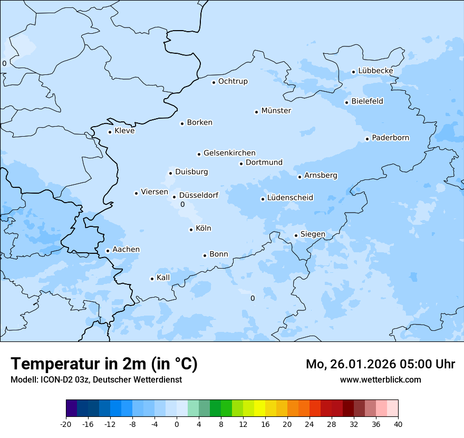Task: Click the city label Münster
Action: click(x=276, y=111)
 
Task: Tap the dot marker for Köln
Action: click(x=191, y=230)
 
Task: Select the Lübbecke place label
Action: click(x=375, y=71)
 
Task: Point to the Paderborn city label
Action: click(x=390, y=138)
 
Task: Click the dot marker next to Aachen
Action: click(x=108, y=251)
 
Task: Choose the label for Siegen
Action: click(x=313, y=234)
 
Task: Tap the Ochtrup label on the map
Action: click(x=233, y=81)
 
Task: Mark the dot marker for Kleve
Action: click(x=110, y=132)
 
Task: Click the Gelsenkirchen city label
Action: click(x=229, y=153)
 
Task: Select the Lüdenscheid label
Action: click(x=290, y=198)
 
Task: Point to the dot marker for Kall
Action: click(x=152, y=279)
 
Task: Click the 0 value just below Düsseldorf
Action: click(x=182, y=204)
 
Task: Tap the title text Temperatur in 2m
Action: click(x=104, y=364)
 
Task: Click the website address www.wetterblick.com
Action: click(x=380, y=380)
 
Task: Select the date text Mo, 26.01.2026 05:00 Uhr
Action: click(x=380, y=364)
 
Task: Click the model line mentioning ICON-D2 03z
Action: click(x=96, y=380)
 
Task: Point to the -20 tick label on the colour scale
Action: click(x=66, y=424)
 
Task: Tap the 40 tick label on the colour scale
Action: click(x=398, y=424)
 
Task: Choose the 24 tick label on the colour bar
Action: click(x=310, y=424)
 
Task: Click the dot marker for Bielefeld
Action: click(x=346, y=102)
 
